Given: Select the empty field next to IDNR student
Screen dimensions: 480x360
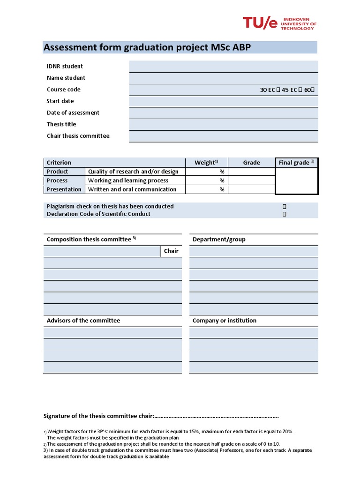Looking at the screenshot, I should [x=224, y=67].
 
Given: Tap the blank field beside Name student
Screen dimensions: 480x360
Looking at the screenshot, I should [x=224, y=78].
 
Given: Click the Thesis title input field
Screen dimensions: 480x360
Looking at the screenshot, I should [x=224, y=124].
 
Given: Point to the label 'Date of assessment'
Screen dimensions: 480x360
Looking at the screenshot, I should [x=73, y=112].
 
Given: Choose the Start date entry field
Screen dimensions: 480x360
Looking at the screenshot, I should [x=224, y=101].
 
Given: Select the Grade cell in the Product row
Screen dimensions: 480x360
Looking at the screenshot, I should [x=251, y=172].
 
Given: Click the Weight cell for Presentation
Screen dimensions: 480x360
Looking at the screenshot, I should [x=207, y=189].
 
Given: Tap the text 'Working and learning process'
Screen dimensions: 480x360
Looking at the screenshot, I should [x=128, y=180].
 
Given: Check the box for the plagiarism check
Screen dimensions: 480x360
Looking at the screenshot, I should [x=284, y=206].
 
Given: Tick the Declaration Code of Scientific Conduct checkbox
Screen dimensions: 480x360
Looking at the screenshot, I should [x=284, y=214].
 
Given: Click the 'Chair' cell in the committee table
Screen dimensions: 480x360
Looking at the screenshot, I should [x=171, y=251].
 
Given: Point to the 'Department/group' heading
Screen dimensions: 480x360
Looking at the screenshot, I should [x=219, y=240].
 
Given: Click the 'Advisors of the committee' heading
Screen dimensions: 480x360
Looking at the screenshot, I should [x=83, y=321].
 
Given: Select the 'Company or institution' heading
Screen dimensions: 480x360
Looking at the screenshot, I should [x=225, y=321].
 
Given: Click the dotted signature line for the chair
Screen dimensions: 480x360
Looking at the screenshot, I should [x=216, y=416].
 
